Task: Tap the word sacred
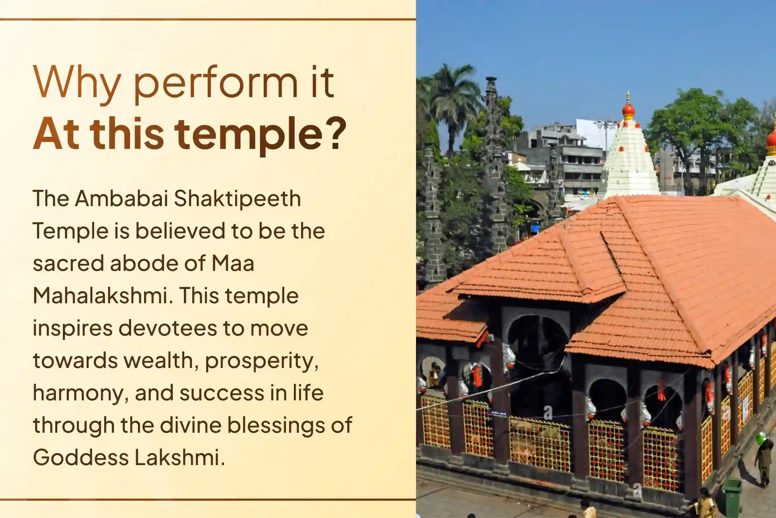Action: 68,263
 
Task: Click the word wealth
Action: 161,360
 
